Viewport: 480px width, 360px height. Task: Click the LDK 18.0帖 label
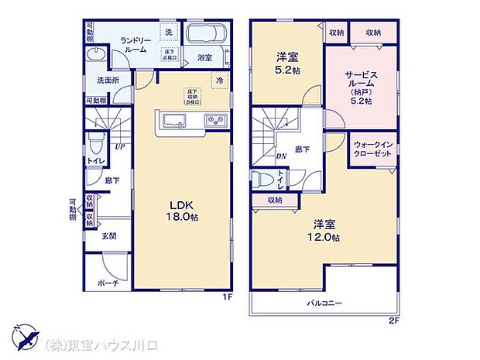click(183, 211)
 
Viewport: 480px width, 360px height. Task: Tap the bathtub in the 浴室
click(204, 36)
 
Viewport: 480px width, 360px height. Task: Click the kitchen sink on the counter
click(173, 120)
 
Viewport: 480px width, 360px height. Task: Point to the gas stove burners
click(214, 120)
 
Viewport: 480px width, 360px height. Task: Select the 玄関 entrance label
click(108, 235)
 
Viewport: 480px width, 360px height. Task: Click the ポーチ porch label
click(109, 283)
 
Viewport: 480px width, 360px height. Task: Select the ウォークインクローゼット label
click(372, 149)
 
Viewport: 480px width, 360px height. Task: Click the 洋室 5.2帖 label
click(287, 61)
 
